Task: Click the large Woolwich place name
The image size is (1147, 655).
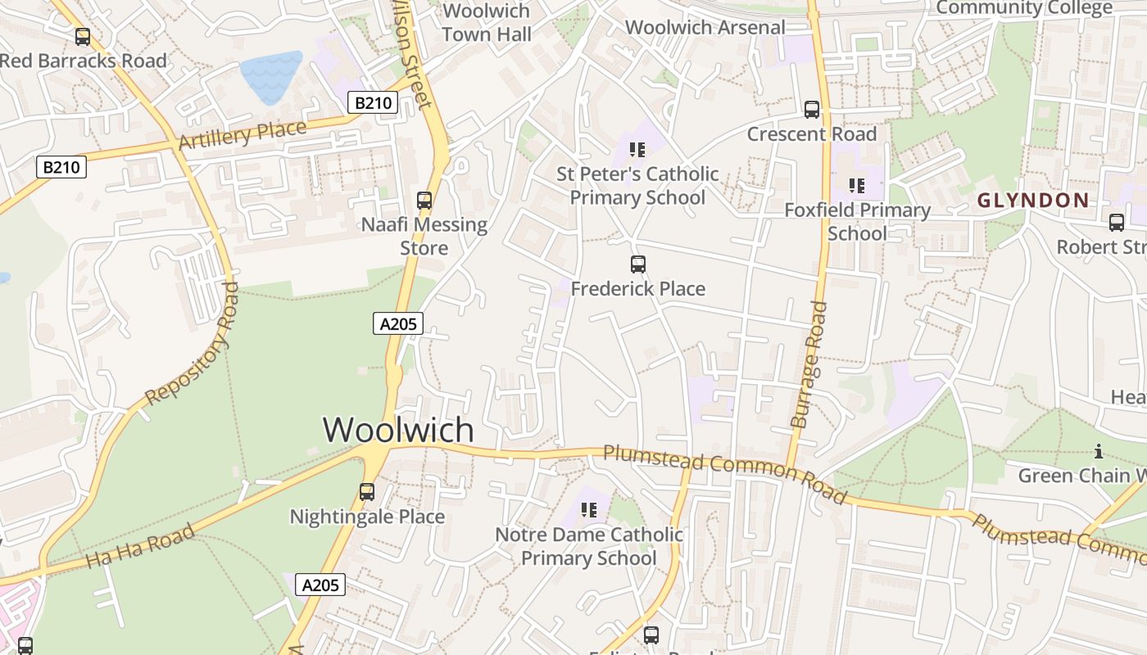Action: pos(398,430)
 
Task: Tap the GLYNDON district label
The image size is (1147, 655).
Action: pos(1033,201)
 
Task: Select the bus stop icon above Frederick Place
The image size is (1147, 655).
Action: pos(638,264)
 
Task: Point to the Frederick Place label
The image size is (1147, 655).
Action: pos(637,289)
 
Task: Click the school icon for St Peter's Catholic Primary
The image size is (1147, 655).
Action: pos(637,150)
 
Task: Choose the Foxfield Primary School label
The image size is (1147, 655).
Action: pos(857,222)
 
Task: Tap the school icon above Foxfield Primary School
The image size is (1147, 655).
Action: pos(857,186)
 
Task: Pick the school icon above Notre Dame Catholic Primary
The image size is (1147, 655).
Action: pos(588,511)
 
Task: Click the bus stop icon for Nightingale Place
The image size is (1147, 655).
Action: pos(367,492)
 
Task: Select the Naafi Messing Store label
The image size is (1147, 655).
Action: pos(424,236)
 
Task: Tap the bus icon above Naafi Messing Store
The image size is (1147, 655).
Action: pos(424,201)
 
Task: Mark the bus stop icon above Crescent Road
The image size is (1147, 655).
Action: pos(812,110)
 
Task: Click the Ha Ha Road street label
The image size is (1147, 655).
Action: pos(141,547)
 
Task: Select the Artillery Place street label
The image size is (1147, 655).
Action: pos(243,134)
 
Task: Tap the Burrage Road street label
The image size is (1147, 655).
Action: pos(809,364)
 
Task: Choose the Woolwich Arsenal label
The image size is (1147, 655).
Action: pos(705,27)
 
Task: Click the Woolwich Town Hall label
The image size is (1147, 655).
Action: pos(487,23)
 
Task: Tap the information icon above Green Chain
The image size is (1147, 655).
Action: pos(1098,451)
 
